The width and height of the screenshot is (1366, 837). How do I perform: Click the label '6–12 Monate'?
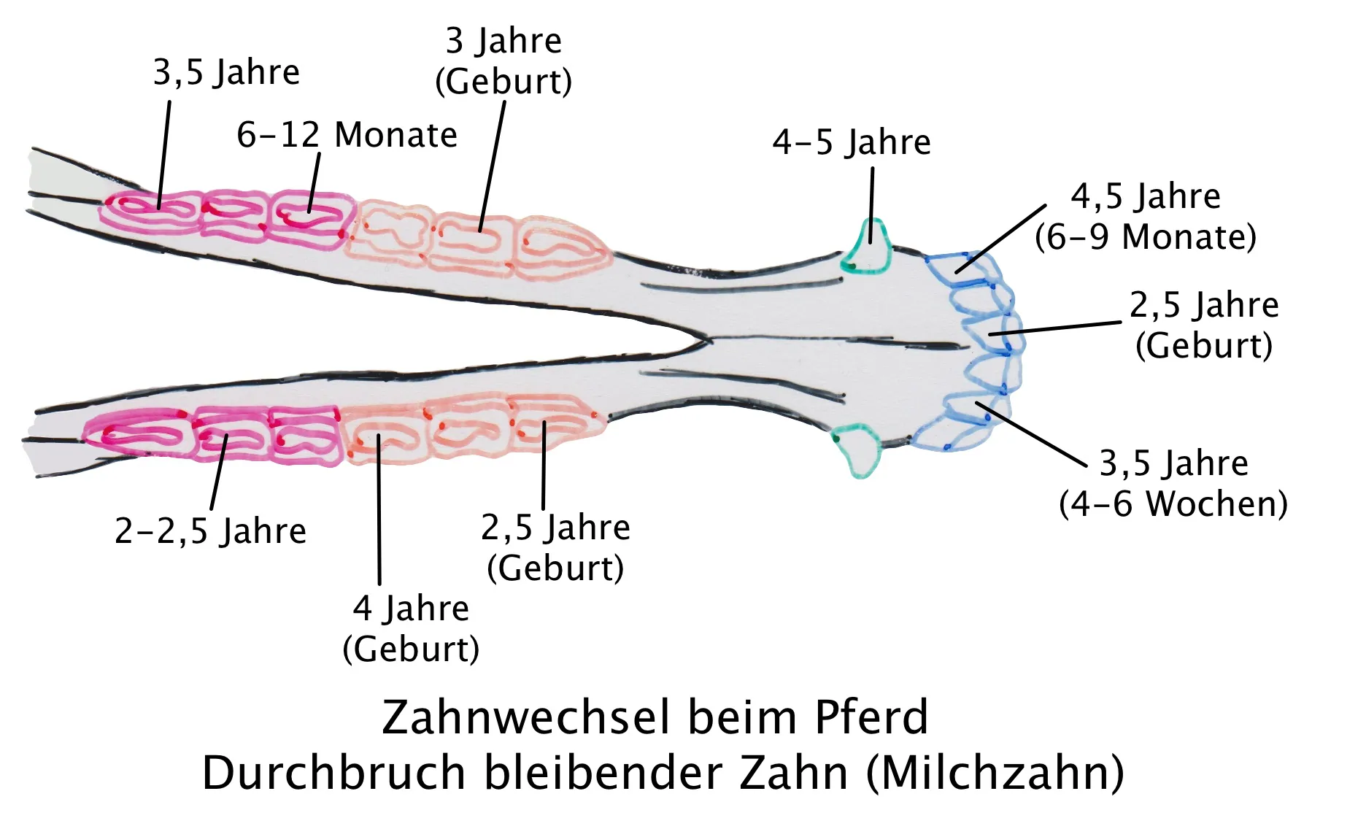[347, 135]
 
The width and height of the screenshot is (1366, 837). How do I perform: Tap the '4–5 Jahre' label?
[852, 142]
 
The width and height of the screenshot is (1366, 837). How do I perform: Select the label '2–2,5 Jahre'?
[211, 531]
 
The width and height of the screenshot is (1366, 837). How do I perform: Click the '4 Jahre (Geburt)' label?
[411, 628]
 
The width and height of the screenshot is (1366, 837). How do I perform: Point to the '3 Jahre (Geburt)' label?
[503, 61]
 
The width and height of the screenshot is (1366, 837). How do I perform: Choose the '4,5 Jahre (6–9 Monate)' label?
[1146, 217]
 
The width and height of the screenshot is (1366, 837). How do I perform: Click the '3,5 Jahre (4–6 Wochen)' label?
[1173, 483]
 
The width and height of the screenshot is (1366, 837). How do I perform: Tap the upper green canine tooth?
[867, 246]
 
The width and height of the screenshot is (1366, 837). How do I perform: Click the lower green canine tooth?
[858, 450]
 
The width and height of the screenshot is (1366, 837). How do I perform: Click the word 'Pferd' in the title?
[871, 717]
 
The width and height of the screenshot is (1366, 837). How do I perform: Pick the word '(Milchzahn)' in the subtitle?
[995, 774]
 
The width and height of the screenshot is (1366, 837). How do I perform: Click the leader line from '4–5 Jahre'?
[872, 205]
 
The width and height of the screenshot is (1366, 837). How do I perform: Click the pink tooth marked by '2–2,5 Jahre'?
[230, 435]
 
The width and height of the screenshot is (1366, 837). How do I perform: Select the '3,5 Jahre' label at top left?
[226, 72]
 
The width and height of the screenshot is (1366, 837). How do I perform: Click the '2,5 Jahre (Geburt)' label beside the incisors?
[1204, 325]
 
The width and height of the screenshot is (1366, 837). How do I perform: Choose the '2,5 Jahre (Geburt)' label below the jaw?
[555, 547]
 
